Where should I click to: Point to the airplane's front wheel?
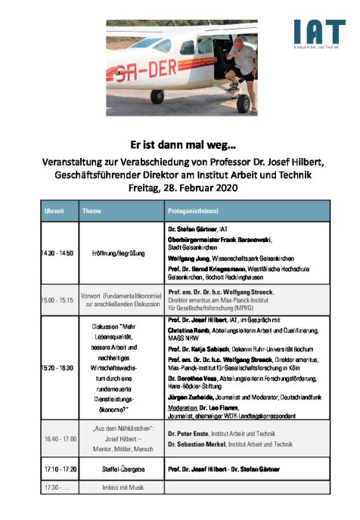(x=157, y=96)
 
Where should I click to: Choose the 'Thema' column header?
(x=92, y=211)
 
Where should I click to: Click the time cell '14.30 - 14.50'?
(x=59, y=252)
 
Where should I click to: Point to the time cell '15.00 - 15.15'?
(x=59, y=300)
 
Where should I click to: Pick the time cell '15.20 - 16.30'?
(x=59, y=367)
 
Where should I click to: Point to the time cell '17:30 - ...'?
(x=56, y=486)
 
